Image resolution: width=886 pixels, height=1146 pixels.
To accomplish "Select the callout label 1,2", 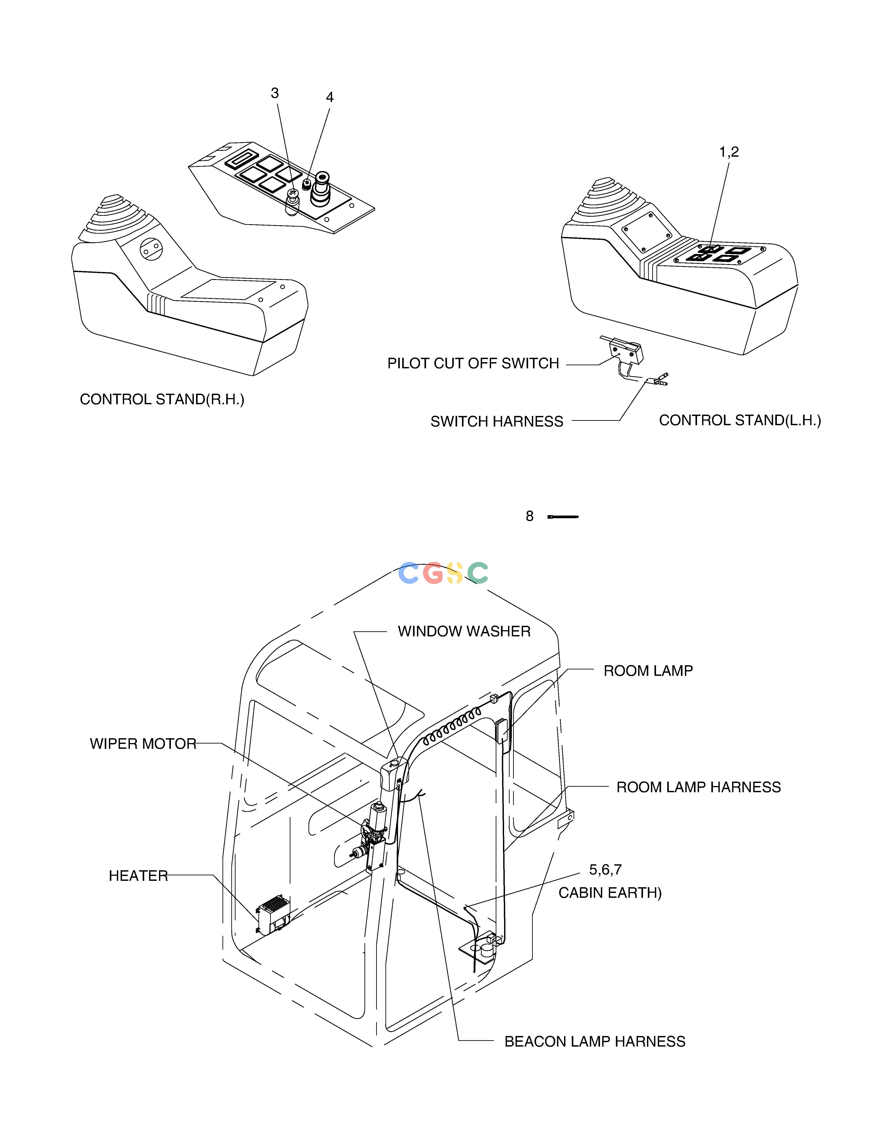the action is click(729, 152).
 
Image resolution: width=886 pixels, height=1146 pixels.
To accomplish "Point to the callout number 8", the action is click(530, 516).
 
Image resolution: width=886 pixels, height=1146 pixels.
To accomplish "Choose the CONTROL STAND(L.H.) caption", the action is click(740, 420).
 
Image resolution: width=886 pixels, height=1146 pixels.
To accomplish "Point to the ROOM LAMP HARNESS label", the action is click(699, 787).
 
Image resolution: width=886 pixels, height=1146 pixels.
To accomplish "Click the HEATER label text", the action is click(138, 876).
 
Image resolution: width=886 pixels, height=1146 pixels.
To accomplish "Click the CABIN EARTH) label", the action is click(610, 893).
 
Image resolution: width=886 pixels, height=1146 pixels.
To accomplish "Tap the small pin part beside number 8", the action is click(563, 517).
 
